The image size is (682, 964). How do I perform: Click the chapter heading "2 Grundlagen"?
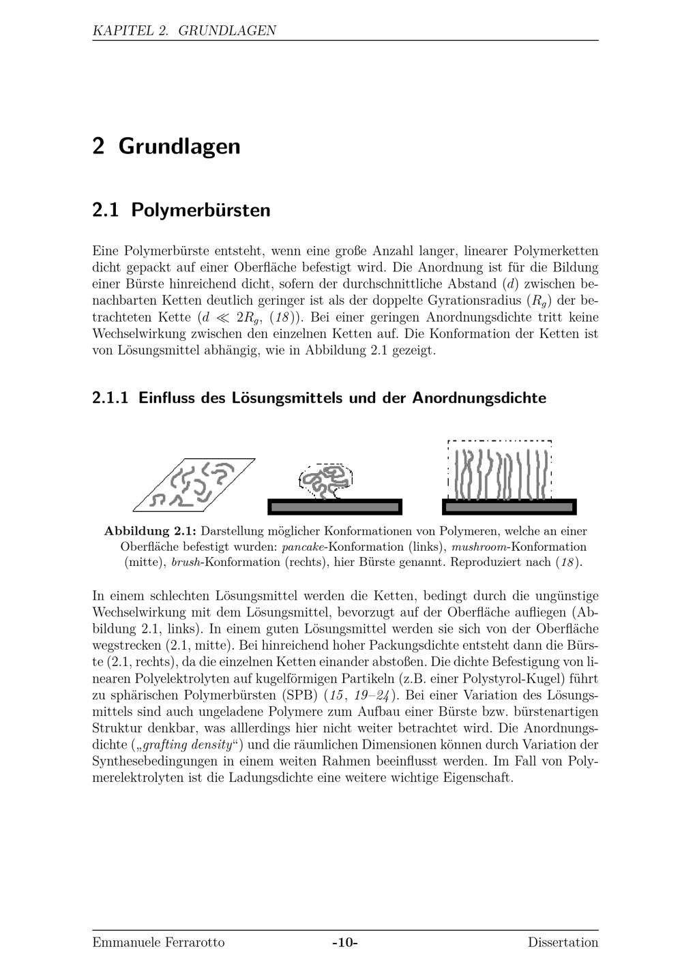[x=166, y=146]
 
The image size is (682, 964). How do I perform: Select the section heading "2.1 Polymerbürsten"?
[x=181, y=209]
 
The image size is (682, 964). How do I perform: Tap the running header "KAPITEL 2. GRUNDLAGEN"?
[x=184, y=30]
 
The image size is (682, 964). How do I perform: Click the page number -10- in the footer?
[x=345, y=942]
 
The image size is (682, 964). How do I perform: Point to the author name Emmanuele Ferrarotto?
[x=158, y=942]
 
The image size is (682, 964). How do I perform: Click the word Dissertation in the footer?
[x=563, y=942]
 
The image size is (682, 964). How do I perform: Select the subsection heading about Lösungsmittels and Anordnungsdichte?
[x=319, y=397]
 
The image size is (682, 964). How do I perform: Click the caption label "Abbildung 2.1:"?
[x=151, y=530]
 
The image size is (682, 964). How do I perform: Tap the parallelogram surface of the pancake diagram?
[x=194, y=485]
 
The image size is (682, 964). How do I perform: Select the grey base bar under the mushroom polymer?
[x=334, y=507]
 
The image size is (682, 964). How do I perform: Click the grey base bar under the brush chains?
[x=509, y=507]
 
